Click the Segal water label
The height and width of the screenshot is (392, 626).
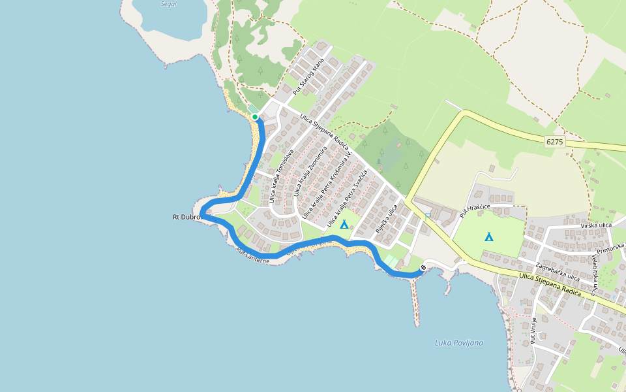(168, 4)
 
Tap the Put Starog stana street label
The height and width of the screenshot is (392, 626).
(308, 76)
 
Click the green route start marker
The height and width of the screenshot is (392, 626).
(255, 117)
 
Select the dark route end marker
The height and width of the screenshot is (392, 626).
(423, 267)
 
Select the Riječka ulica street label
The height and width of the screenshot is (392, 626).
(387, 220)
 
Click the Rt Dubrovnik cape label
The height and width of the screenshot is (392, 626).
(186, 217)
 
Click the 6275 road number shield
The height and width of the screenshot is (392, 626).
(554, 141)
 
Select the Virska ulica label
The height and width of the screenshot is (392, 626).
(596, 225)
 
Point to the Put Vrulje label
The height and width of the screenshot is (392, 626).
(533, 331)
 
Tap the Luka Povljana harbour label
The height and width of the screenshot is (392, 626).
(458, 343)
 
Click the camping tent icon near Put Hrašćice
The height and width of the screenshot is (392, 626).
(488, 236)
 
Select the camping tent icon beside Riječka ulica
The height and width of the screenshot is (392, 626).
(344, 224)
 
